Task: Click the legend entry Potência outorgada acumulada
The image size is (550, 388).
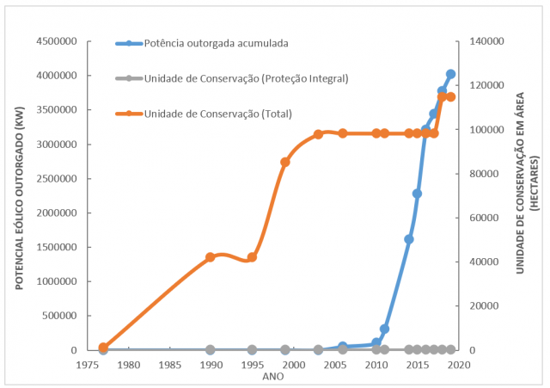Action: point(215,42)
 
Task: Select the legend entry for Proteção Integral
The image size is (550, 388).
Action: point(246,78)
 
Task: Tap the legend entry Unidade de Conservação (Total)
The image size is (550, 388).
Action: point(218,113)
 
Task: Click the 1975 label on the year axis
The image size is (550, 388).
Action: point(87,365)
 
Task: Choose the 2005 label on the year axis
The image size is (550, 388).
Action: point(335,365)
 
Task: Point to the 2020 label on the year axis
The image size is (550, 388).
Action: point(459,365)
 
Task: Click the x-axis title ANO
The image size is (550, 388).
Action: point(273,376)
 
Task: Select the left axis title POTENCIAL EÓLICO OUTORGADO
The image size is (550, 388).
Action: point(19,197)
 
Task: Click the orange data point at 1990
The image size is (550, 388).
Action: point(211,257)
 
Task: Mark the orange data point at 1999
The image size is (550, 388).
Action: point(285,162)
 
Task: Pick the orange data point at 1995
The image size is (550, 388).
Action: point(252,257)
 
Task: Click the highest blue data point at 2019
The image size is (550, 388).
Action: point(450,75)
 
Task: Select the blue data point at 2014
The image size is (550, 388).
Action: point(409,239)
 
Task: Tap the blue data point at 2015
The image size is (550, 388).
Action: point(417,194)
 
